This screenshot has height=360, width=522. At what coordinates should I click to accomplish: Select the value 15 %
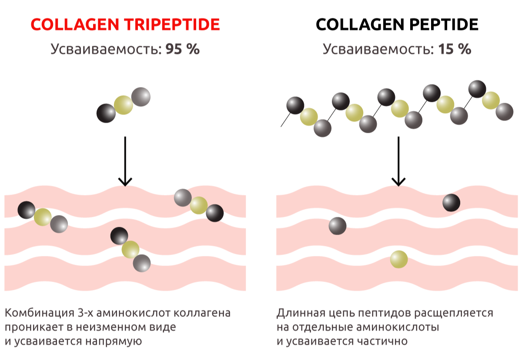(455, 49)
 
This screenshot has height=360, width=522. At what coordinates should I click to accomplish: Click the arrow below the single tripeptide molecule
(125, 161)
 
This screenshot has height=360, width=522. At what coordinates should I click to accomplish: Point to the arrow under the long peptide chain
(398, 161)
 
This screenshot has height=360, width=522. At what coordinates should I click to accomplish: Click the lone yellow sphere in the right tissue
(399, 259)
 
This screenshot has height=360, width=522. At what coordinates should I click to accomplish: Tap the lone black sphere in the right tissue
(451, 202)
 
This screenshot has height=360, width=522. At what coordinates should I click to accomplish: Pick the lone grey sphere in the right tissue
(338, 225)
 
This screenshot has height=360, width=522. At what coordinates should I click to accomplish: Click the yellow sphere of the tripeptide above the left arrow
(124, 105)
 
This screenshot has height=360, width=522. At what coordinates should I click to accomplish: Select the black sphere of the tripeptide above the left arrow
(106, 113)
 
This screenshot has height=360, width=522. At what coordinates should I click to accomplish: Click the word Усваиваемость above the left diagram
(106, 49)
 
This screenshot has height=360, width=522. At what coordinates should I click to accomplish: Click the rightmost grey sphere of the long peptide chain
(505, 111)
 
